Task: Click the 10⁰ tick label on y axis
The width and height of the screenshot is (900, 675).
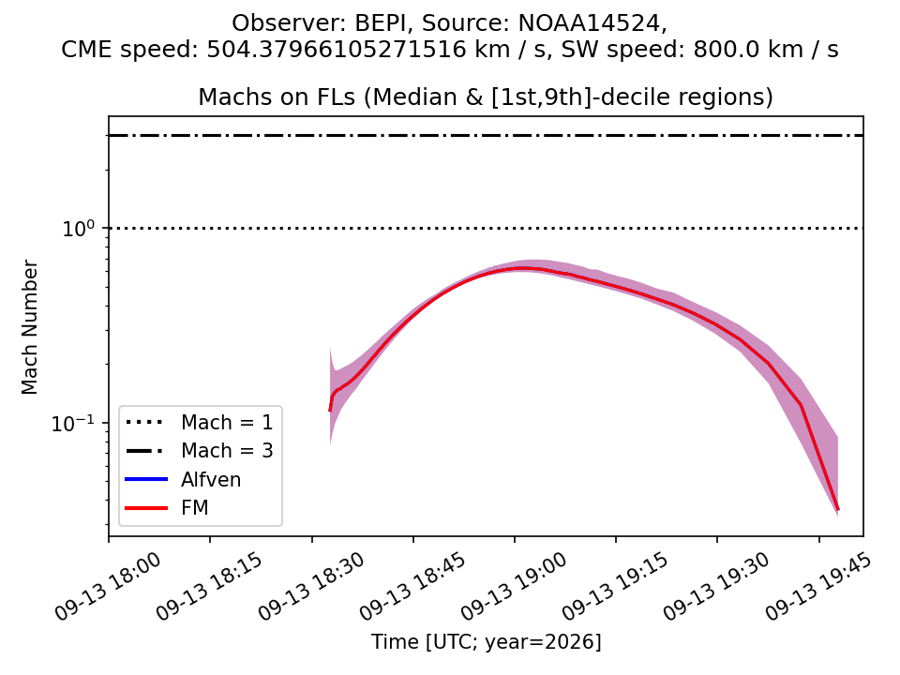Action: coord(78,229)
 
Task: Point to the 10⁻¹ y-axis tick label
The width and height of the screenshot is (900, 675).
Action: coord(73,424)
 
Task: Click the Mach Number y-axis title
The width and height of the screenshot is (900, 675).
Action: coord(29,327)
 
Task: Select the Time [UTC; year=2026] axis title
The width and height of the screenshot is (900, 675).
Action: coord(487,641)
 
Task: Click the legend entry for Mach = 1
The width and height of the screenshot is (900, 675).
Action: coord(199,423)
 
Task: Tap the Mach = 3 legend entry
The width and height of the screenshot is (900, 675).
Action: coord(199,451)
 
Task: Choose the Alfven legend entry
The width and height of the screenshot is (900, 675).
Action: coord(183,479)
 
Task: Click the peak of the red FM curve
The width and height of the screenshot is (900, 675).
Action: coord(521,267)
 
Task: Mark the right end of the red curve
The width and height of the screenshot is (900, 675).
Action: coord(838,509)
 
